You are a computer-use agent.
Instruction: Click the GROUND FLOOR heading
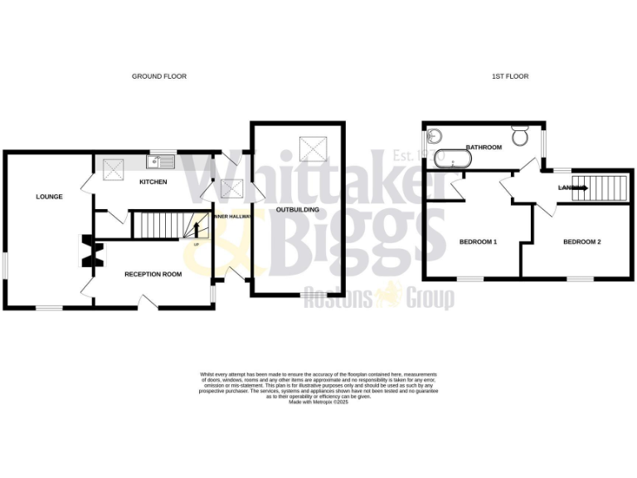pyautogui.click(x=159, y=76)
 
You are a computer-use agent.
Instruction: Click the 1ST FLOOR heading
pyautogui.click(x=510, y=76)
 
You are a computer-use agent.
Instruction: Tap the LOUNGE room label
pyautogui.click(x=49, y=197)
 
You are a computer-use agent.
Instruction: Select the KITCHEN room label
pyautogui.click(x=153, y=182)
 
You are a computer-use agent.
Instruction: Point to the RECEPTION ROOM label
pyautogui.click(x=153, y=274)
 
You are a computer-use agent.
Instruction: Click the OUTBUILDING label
pyautogui.click(x=298, y=211)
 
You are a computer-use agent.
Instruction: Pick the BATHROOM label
pyautogui.click(x=484, y=148)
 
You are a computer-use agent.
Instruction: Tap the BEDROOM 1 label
pyautogui.click(x=478, y=242)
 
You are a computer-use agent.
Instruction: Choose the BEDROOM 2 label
pyautogui.click(x=581, y=242)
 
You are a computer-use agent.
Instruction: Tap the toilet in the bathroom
pyautogui.click(x=521, y=135)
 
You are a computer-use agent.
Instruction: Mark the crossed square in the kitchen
pyautogui.click(x=114, y=168)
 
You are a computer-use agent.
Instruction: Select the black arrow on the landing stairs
pyautogui.click(x=580, y=188)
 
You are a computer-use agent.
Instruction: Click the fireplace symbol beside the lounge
pyautogui.click(x=88, y=251)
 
